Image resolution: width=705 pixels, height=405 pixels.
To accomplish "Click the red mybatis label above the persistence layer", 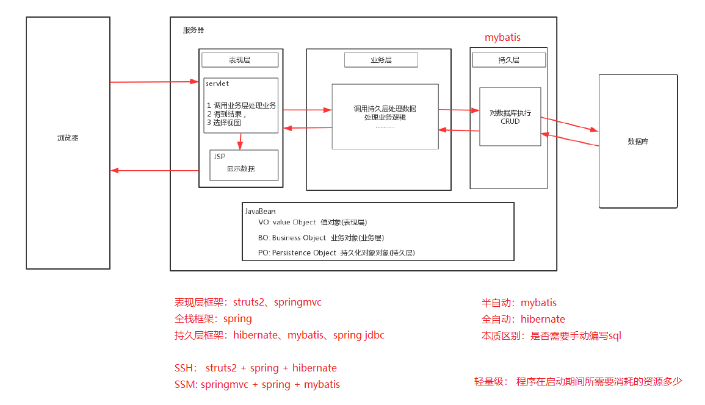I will pyautogui.click(x=502, y=37).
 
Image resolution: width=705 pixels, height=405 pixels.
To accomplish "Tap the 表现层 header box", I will pyautogui.click(x=240, y=60).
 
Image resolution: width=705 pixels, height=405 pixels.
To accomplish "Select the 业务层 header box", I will pyautogui.click(x=381, y=60).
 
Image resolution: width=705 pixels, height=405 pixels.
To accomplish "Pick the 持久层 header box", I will pyautogui.click(x=508, y=60).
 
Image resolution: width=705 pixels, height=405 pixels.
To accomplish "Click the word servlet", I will pyautogui.click(x=217, y=84).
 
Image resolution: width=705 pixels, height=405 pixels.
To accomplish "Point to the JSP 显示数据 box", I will pyautogui.click(x=244, y=165).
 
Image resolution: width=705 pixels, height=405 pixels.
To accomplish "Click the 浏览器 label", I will pyautogui.click(x=68, y=138).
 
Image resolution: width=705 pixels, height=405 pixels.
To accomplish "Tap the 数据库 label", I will pyautogui.click(x=637, y=142).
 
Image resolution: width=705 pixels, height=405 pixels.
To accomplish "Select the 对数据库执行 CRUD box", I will pyautogui.click(x=510, y=116).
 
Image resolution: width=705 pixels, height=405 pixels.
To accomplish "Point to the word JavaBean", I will pyautogui.click(x=260, y=211).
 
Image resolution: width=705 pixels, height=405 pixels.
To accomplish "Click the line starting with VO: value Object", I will pyautogui.click(x=313, y=223).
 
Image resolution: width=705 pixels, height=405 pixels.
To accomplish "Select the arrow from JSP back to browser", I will pyautogui.click(x=154, y=170).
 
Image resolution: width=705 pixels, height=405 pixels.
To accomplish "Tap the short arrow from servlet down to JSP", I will pyautogui.click(x=240, y=141).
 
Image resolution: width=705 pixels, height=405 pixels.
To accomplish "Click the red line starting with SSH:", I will pyautogui.click(x=256, y=368).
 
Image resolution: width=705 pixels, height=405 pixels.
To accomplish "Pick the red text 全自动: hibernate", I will pyautogui.click(x=523, y=319).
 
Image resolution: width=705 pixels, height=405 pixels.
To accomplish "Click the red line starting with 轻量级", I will pyautogui.click(x=577, y=382).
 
